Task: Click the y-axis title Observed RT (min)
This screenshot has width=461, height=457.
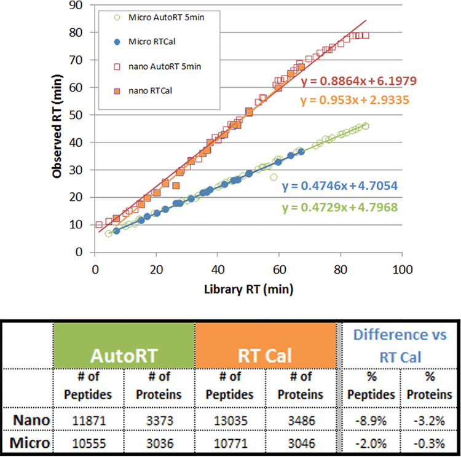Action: tap(58, 130)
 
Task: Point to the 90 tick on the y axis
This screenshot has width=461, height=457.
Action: tap(77, 6)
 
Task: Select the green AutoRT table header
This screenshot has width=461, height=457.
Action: tap(123, 356)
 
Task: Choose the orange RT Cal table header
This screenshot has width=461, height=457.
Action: tap(266, 356)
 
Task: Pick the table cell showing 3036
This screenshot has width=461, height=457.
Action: tap(159, 440)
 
